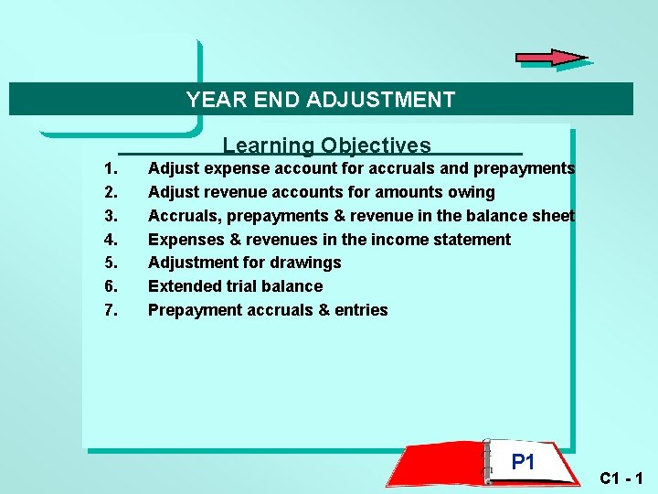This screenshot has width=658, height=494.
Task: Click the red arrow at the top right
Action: [551, 58]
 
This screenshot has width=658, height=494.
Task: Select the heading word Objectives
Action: [376, 145]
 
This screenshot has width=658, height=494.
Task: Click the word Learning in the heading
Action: [268, 145]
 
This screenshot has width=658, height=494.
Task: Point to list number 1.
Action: [111, 168]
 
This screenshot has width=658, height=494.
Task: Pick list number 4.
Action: [111, 240]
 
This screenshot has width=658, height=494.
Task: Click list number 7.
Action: [111, 310]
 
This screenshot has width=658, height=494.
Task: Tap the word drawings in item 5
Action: [306, 263]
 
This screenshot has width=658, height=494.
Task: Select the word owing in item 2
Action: [472, 192]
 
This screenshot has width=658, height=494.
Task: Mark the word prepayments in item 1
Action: [524, 168]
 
